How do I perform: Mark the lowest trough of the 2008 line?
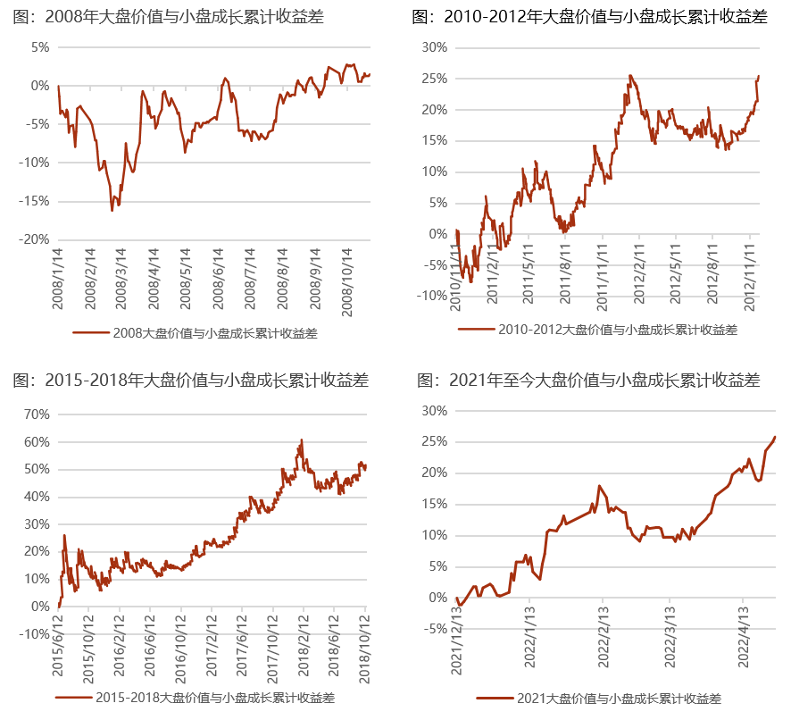pyautogui.click(x=112, y=210)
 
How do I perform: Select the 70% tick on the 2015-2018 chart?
pyautogui.click(x=36, y=414)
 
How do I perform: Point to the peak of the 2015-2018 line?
pyautogui.click(x=302, y=440)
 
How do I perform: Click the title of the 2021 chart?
pyautogui.click(x=588, y=381)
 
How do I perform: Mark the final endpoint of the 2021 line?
pyautogui.click(x=775, y=436)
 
